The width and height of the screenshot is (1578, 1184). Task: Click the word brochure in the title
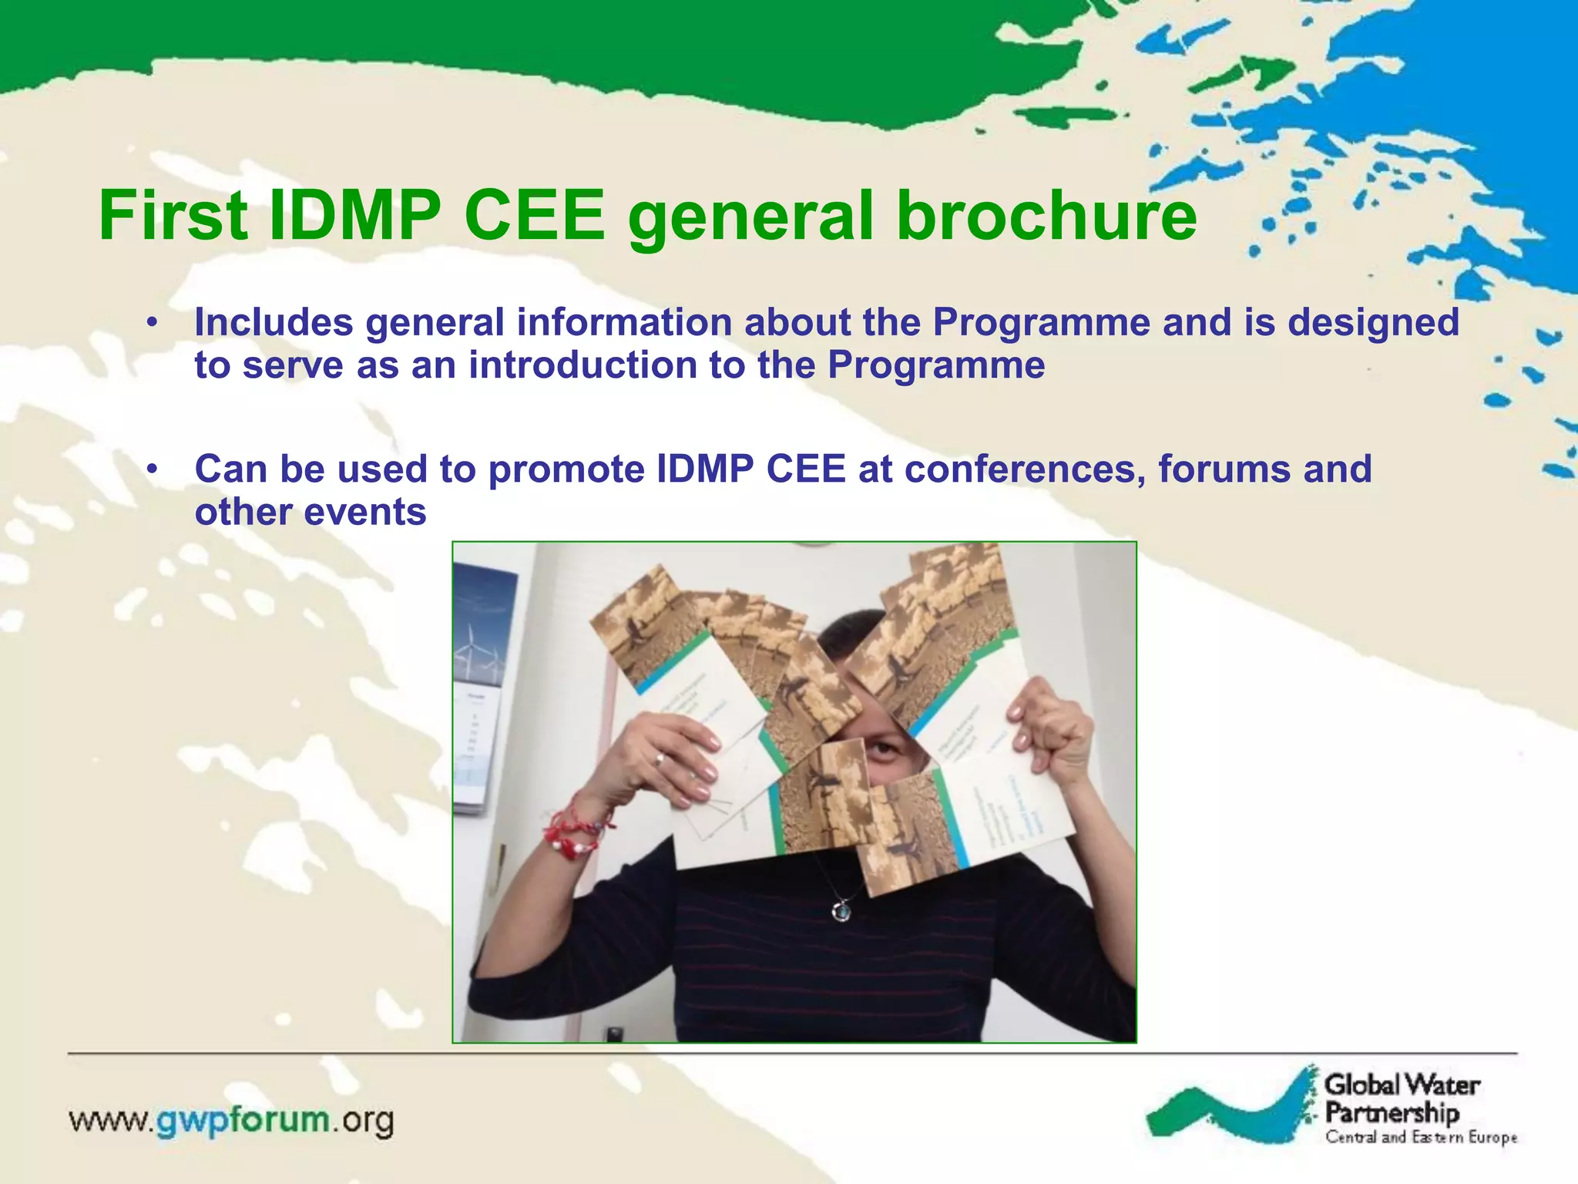1047,216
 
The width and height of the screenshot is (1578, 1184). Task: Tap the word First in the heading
173,216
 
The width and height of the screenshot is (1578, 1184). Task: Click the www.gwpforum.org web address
231,1120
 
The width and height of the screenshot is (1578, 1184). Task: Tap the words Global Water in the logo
1402,1085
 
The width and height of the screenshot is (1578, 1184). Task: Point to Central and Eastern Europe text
1421,1137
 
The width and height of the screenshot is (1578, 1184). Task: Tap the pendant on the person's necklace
841,912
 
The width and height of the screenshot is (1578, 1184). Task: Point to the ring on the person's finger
660,759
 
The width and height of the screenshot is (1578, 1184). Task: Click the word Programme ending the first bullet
936,365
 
